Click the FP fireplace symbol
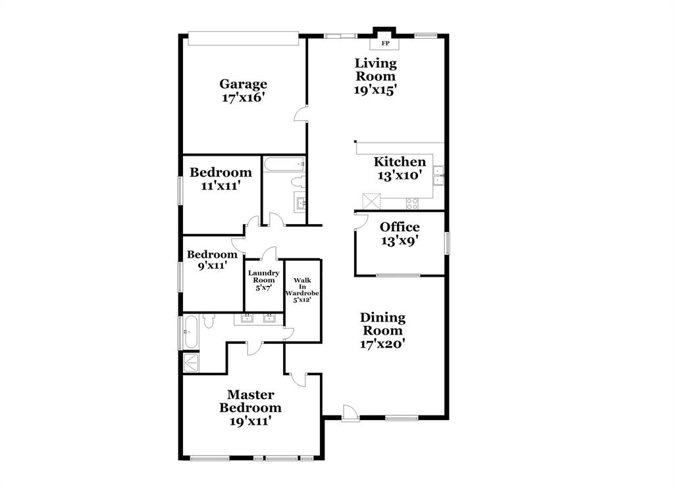click(x=385, y=43)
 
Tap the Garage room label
click(x=243, y=84)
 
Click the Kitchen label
click(x=400, y=162)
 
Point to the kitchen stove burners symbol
click(x=413, y=203)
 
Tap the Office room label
click(x=400, y=227)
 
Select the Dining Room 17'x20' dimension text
click(x=382, y=342)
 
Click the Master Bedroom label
click(x=250, y=401)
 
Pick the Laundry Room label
click(x=263, y=276)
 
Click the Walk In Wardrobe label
click(x=303, y=289)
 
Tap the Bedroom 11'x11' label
click(x=220, y=173)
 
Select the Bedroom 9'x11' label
click(x=212, y=255)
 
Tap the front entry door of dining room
click(x=351, y=413)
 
